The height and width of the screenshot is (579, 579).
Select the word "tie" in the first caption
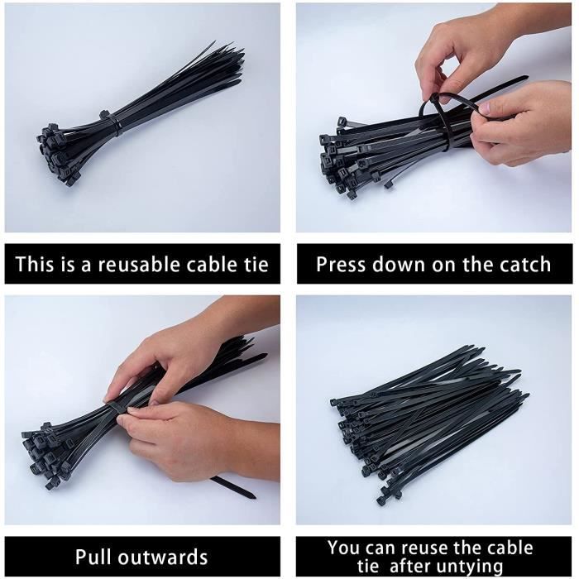256,265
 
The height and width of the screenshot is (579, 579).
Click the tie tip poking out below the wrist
233,486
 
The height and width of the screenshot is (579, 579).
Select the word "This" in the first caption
34,265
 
